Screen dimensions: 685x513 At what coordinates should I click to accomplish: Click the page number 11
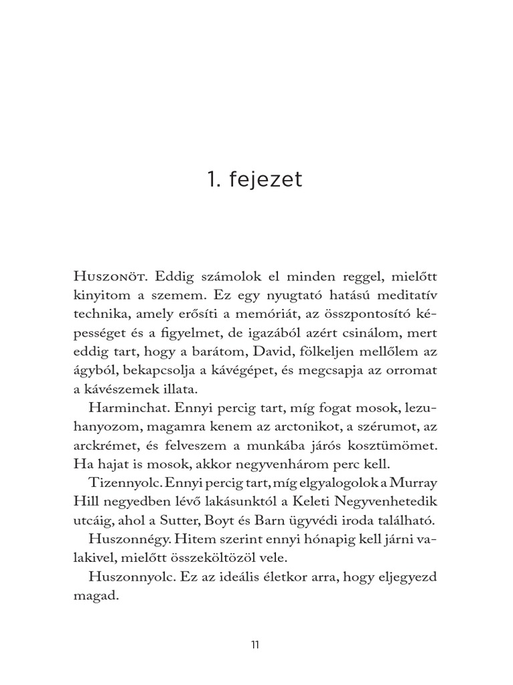tap(255, 646)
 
